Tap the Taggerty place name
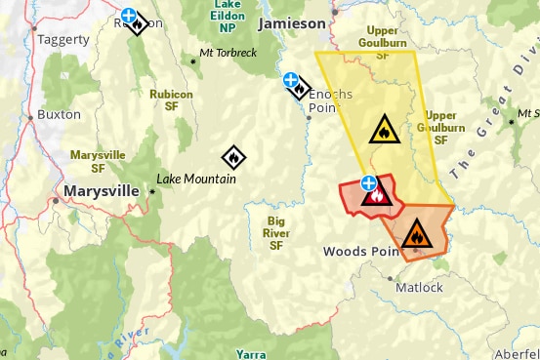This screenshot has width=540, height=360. click(x=63, y=40)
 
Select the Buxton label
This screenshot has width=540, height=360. click(x=60, y=114)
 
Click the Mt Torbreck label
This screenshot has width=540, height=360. click(x=228, y=52)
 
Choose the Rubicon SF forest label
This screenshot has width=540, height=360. click(x=171, y=100)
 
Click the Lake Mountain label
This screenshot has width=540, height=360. click(x=196, y=180)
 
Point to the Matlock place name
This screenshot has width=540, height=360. click(x=419, y=288)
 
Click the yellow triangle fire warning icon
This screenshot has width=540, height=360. click(x=382, y=129)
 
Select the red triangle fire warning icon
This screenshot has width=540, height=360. click(x=376, y=196)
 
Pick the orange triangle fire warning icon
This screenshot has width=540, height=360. click(x=415, y=233)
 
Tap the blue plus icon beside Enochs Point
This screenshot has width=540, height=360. click(x=289, y=80)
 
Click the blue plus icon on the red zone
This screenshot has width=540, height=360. click(x=368, y=181)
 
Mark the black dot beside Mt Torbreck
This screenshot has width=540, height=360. click(x=193, y=61)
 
